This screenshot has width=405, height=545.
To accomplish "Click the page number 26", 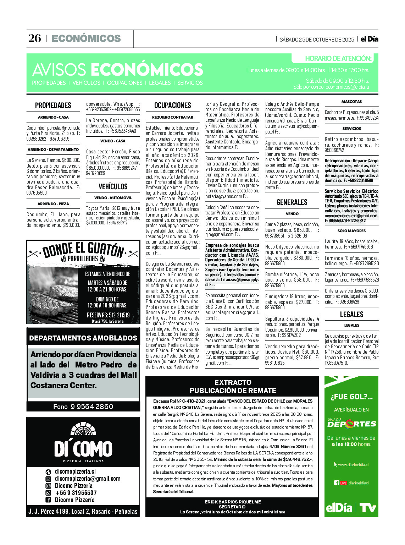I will (34, 38).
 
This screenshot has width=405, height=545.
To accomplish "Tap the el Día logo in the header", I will (369, 39).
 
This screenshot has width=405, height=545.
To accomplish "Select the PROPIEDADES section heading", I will (53, 105).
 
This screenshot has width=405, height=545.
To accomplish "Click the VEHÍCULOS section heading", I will (113, 186).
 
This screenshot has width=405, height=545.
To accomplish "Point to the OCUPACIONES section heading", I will (173, 105).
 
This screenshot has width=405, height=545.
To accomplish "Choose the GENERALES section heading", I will (292, 202).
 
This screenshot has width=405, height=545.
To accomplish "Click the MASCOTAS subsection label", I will (351, 102).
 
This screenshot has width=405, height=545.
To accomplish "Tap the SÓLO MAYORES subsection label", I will (351, 231).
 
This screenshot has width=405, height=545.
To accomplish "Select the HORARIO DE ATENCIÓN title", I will (338, 59).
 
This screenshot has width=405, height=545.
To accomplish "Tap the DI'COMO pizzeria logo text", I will (83, 449).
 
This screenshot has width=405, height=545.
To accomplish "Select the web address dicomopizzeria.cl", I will (75, 472).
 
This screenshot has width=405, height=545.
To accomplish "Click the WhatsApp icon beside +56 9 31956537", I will (48, 493).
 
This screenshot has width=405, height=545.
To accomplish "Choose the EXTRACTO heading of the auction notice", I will (233, 382).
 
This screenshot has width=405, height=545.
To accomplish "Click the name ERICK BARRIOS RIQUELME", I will (233, 502).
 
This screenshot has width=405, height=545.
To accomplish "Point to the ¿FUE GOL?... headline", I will (351, 397).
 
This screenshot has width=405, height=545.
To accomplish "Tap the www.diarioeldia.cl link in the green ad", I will (353, 465).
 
